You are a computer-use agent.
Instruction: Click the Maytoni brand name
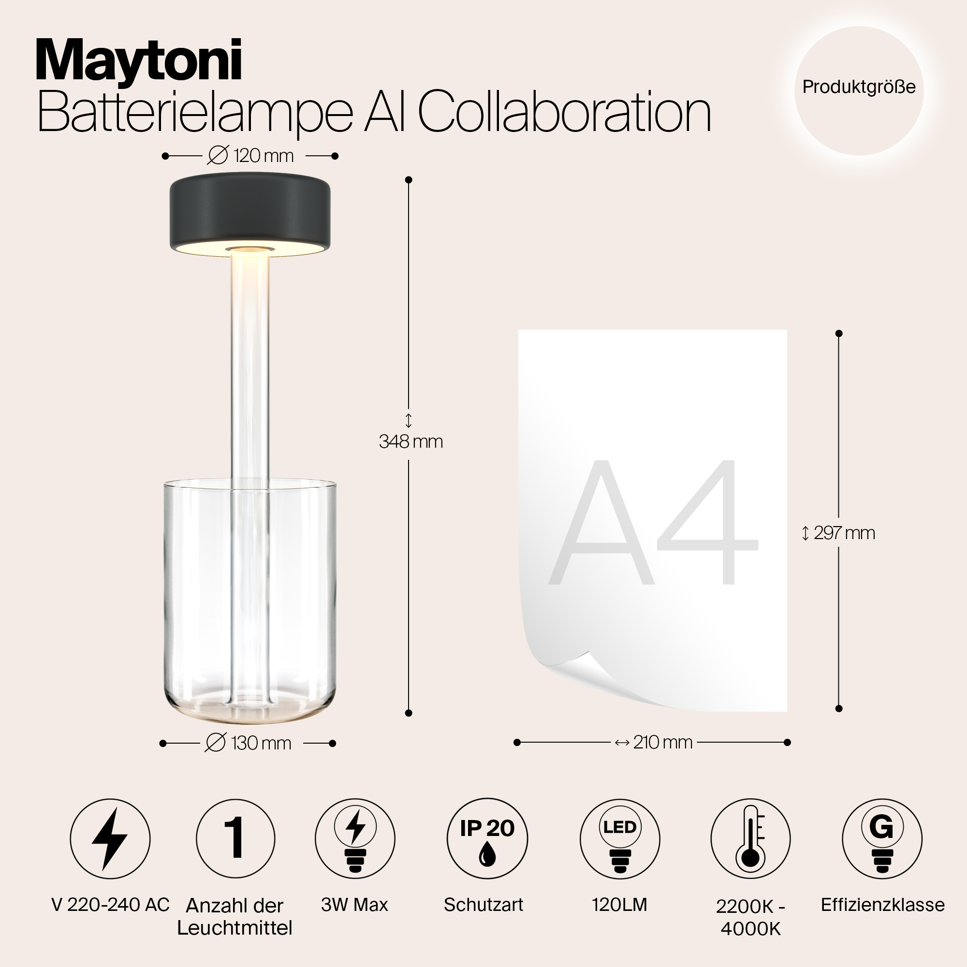click(x=139, y=61)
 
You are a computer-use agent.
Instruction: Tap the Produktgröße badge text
click(x=858, y=87)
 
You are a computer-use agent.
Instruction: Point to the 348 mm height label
click(x=410, y=441)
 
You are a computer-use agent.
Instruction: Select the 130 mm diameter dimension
click(x=249, y=743)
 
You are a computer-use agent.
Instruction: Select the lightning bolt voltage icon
click(x=110, y=839)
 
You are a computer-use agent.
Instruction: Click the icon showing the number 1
click(x=235, y=839)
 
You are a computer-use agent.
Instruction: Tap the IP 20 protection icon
click(x=487, y=839)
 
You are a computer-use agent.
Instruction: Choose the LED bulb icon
click(x=620, y=839)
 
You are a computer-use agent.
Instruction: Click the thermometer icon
click(x=750, y=839)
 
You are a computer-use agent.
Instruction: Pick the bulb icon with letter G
click(x=882, y=839)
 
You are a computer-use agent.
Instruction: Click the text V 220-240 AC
click(x=111, y=905)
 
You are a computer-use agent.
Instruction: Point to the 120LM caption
click(x=620, y=905)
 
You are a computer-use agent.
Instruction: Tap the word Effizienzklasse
click(x=882, y=905)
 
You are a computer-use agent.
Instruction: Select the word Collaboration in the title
click(x=564, y=113)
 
